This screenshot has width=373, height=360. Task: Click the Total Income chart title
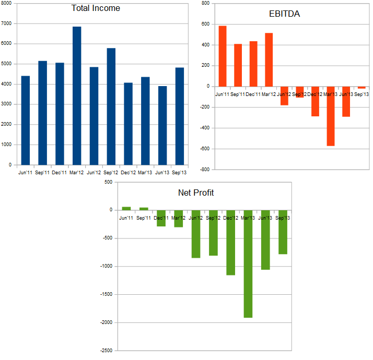pyautogui.click(x=95, y=8)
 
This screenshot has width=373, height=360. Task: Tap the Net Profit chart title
pyautogui.click(x=196, y=193)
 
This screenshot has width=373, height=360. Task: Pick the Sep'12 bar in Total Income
pyautogui.click(x=111, y=106)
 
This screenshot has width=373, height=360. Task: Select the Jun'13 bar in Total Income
pyautogui.click(x=162, y=125)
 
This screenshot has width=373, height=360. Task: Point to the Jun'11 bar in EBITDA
pyautogui.click(x=223, y=56)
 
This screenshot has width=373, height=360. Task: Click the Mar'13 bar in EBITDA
pyautogui.click(x=331, y=116)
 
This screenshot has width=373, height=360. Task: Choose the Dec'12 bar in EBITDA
pyautogui.click(x=315, y=101)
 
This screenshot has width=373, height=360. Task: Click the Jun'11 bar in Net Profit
pyautogui.click(x=126, y=208)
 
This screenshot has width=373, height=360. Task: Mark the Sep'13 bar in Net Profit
pyautogui.click(x=283, y=232)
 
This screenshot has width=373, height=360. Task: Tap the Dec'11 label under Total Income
pyautogui.click(x=60, y=172)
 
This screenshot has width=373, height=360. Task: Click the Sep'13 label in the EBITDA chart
pyautogui.click(x=361, y=94)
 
